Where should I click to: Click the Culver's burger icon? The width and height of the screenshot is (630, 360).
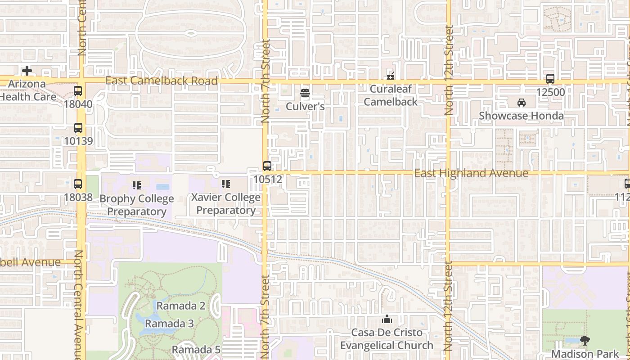tap(305, 94)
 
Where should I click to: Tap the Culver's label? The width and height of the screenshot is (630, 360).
tap(305, 107)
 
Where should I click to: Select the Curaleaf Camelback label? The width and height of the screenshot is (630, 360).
tap(391, 95)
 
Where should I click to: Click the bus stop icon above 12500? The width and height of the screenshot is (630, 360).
tap(550, 79)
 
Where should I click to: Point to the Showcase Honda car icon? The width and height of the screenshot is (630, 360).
tap(521, 103)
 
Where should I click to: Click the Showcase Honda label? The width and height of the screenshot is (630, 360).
tap(521, 116)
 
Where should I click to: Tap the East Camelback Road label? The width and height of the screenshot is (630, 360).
tap(162, 81)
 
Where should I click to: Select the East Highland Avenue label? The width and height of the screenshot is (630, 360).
tap(471, 173)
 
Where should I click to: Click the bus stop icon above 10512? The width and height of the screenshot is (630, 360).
tap(267, 166)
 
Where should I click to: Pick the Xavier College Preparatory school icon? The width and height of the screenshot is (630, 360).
tap(226, 184)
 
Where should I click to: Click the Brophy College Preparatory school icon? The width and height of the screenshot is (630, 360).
tap(137, 184)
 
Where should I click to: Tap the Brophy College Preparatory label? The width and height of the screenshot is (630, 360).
tap(137, 205)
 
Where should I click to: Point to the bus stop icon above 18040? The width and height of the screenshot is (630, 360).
tap(78, 91)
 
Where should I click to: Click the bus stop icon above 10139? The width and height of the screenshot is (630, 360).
tap(78, 128)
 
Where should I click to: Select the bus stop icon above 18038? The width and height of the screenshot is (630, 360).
tap(78, 184)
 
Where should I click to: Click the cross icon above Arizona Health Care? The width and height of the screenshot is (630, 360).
tap(27, 71)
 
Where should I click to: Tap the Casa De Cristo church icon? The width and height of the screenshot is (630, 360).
tap(387, 319)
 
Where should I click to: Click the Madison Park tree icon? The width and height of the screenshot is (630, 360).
tap(585, 341)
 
